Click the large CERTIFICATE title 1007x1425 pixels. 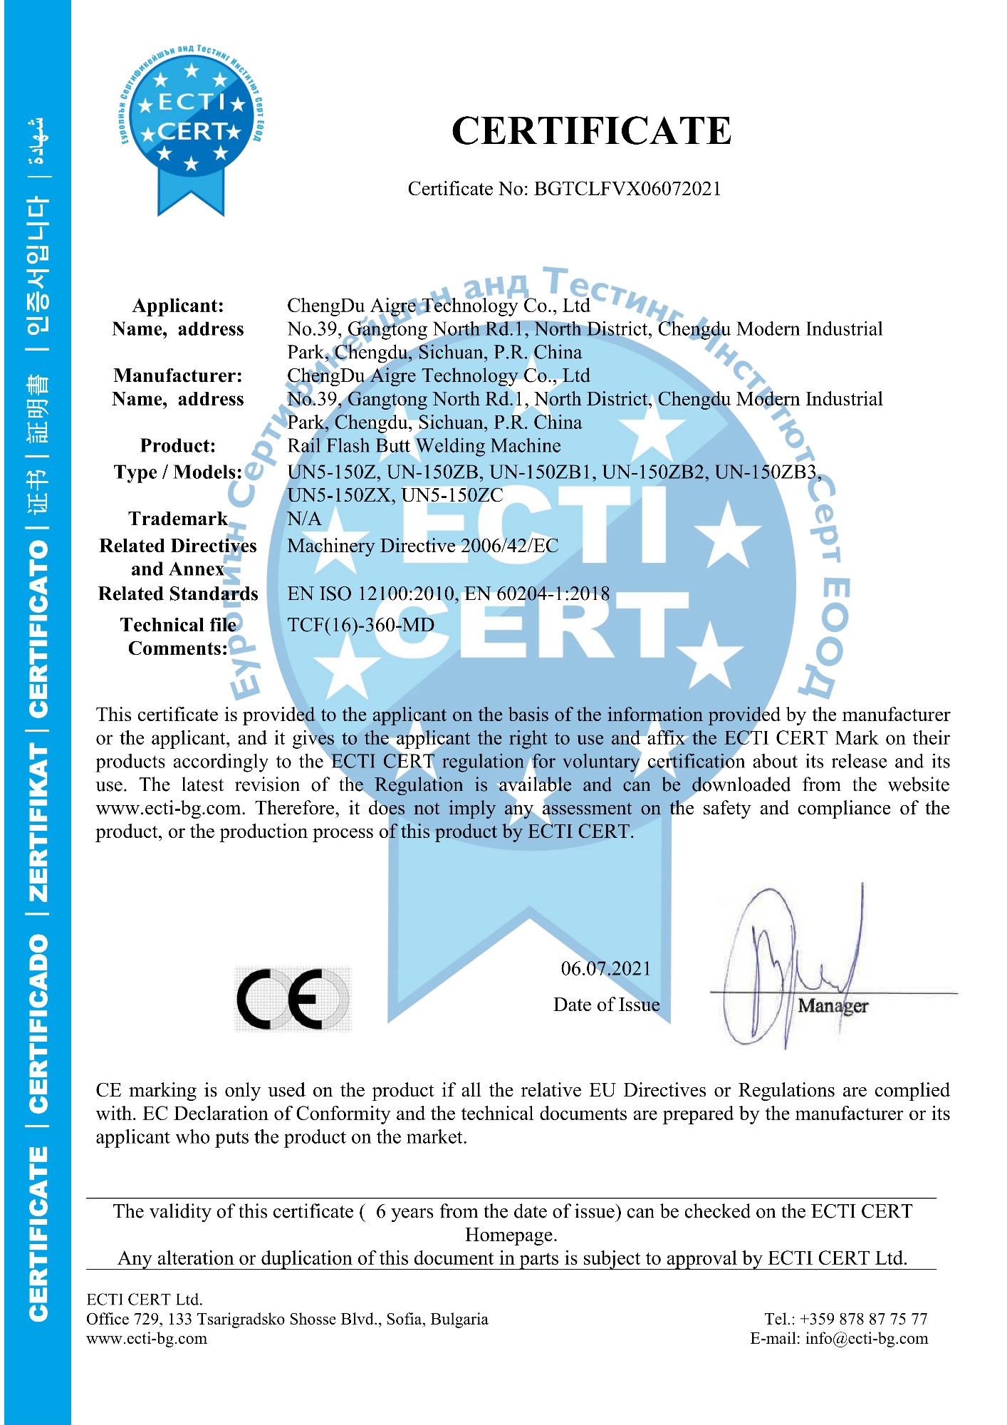click(x=591, y=131)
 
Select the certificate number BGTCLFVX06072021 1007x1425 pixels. click(x=627, y=189)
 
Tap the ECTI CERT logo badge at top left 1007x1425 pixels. click(x=191, y=121)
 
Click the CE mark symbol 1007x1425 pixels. click(x=293, y=998)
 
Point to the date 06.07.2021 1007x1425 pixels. click(x=605, y=968)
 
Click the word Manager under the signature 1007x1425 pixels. click(x=833, y=1006)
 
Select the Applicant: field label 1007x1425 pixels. click(x=178, y=306)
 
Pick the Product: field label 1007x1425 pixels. click(x=178, y=446)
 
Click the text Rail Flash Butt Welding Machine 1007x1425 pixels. click(x=424, y=446)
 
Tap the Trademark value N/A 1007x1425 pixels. click(x=304, y=519)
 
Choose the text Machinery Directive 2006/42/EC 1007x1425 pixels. click(x=422, y=546)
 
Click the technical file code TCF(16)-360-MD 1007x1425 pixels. click(x=360, y=625)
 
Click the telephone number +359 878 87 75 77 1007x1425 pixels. click(x=863, y=1319)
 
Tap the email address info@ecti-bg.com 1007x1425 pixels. click(x=867, y=1339)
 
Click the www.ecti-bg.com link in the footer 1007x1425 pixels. click(x=147, y=1339)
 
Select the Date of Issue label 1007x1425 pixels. click(x=606, y=1005)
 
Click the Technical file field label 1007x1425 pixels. click(x=178, y=625)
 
